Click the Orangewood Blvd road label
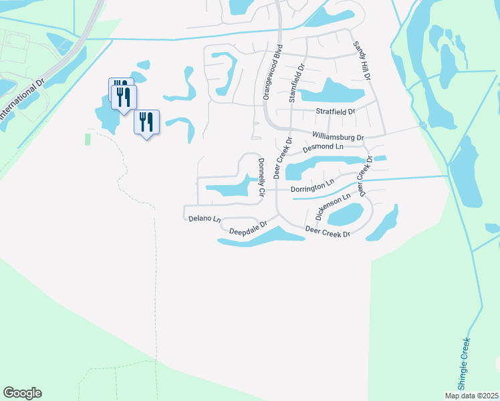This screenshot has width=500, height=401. (273, 72)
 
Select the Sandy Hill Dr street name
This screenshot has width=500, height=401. (362, 61)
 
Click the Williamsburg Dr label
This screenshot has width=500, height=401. (338, 136)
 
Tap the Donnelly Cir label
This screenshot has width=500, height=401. (261, 176)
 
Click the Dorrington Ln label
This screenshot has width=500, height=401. (312, 185)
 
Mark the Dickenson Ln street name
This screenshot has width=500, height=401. (332, 207)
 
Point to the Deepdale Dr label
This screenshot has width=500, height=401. (248, 229)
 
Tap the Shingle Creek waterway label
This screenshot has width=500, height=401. (465, 364)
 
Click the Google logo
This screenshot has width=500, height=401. (22, 393)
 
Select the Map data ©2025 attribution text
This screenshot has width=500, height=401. (472, 396)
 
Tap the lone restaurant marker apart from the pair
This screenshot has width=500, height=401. (146, 122)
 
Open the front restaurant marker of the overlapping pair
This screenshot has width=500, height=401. (124, 98)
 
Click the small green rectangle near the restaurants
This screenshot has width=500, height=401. (88, 139)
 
